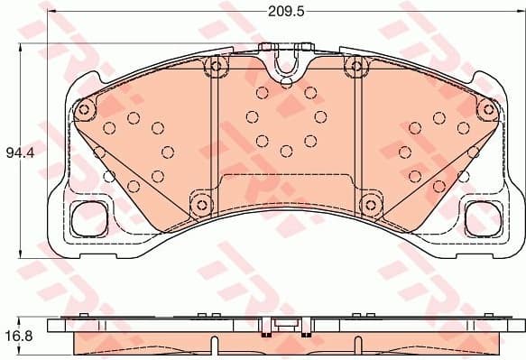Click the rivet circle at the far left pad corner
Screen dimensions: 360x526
[85, 109]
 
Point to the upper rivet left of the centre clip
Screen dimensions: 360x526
[214, 64]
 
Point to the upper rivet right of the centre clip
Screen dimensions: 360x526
[357, 64]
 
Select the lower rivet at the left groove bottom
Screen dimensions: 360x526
[198, 201]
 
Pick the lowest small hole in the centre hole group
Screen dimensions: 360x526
[285, 151]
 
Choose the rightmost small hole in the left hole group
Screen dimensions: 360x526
[168, 151]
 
